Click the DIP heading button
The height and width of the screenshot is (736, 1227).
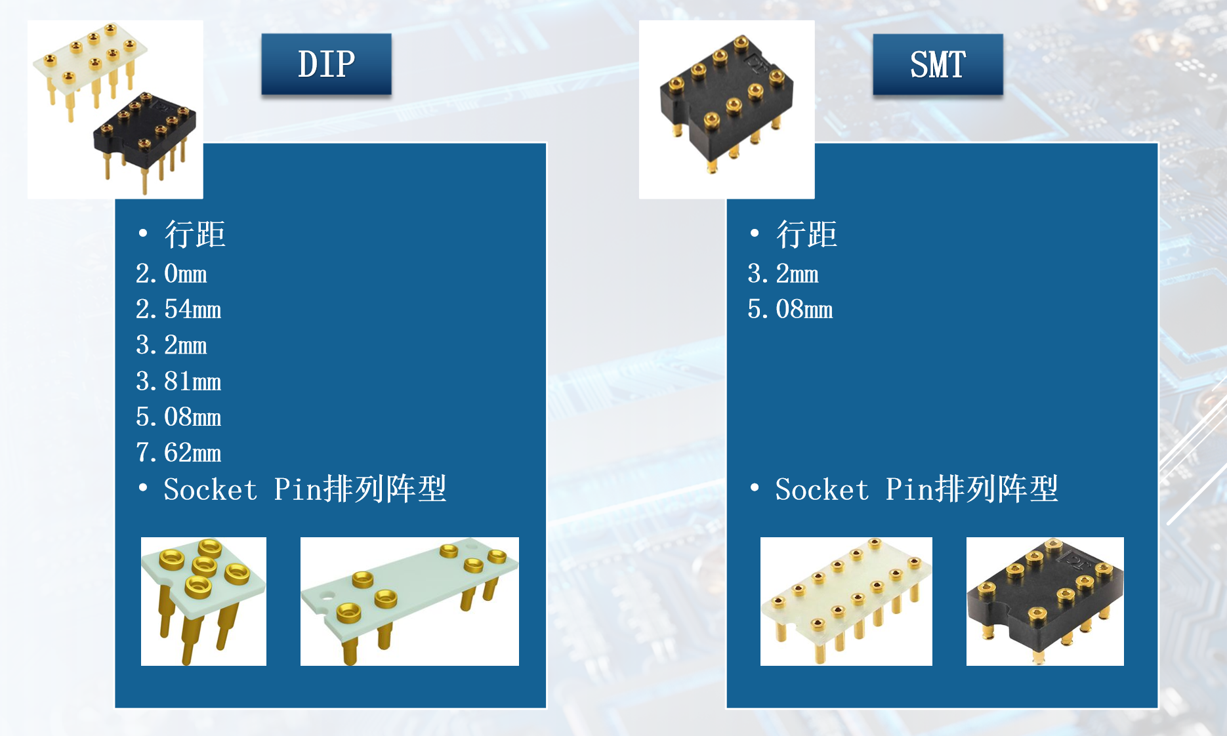tap(326, 64)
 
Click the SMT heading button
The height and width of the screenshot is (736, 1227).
tap(938, 64)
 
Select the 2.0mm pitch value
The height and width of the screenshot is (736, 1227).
tap(171, 274)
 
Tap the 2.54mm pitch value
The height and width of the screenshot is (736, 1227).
tap(178, 310)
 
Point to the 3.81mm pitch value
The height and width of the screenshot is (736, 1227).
tap(178, 381)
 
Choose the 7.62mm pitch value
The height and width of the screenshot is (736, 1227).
tap(178, 453)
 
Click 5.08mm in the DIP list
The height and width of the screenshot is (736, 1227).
tap(178, 417)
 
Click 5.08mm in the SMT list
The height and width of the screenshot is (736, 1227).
tap(790, 310)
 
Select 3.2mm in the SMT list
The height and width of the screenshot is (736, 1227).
tap(783, 274)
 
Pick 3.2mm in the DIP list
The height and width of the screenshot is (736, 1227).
tap(171, 346)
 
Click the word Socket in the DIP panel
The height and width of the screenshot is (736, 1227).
tap(210, 490)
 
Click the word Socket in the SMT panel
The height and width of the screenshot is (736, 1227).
tap(821, 490)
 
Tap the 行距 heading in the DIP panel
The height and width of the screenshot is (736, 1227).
tap(195, 234)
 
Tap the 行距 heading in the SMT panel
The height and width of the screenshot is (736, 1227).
tap(806, 234)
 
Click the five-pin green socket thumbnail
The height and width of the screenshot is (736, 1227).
tap(203, 601)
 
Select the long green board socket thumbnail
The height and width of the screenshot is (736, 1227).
tap(409, 601)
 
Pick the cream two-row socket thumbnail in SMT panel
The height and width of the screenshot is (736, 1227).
tap(846, 601)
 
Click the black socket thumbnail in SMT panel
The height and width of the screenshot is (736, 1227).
tap(1045, 601)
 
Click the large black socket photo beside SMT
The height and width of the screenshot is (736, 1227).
tap(726, 105)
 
